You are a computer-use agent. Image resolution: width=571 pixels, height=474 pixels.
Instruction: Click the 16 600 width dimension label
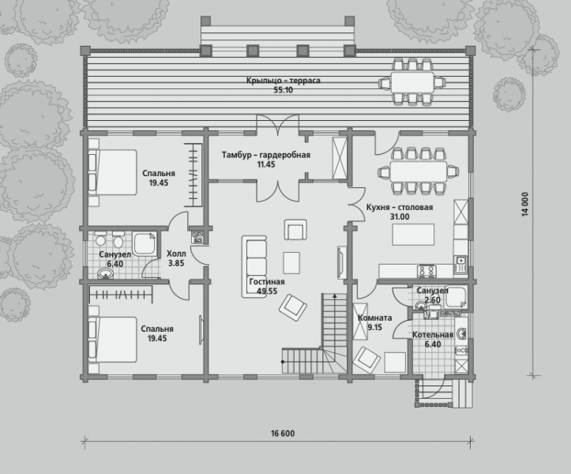coord(283,433)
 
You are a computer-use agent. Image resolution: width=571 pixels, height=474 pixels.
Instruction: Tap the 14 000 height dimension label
coord(525,205)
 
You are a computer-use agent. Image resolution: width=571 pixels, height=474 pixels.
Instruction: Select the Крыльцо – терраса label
coord(284,80)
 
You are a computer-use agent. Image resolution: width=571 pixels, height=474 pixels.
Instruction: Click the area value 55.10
coord(284,90)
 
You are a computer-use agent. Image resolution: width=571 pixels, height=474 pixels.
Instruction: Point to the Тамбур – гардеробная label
coord(266,155)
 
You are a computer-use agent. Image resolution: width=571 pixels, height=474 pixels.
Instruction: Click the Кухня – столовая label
coord(400,207)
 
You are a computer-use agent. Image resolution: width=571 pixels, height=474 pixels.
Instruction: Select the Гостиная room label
coord(267,281)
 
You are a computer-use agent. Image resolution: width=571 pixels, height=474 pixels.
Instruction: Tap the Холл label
coord(176,254)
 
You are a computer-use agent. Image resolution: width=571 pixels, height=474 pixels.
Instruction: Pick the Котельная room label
coord(433,335)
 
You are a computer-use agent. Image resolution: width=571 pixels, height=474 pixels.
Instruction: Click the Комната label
coord(374,318)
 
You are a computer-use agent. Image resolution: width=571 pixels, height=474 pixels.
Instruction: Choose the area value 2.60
coord(433,300)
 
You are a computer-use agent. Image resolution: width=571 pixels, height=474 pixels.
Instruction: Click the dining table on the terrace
coord(412,82)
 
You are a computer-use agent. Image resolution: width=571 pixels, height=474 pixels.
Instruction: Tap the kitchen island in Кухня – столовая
coord(413,235)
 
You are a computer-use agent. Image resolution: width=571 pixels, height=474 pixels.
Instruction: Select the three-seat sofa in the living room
coord(254,267)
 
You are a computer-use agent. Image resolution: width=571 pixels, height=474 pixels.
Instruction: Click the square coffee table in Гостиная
coord(291,263)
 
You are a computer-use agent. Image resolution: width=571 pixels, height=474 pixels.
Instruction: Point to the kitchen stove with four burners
coord(426,270)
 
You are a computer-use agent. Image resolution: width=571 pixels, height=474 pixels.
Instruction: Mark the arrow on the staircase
coord(333,314)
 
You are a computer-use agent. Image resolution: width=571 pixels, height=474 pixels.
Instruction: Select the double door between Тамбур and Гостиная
coord(278,190)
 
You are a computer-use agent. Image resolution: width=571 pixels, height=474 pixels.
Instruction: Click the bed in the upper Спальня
coord(112,171)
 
